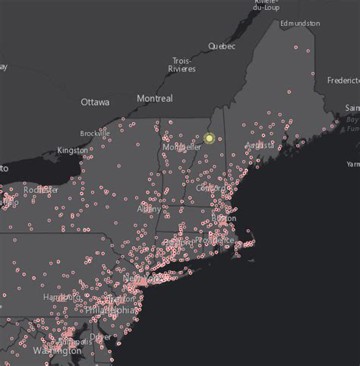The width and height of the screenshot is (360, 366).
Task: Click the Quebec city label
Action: pos(222,46)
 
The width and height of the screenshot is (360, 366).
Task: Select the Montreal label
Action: pos(155,99)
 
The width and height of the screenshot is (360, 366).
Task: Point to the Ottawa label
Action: pos(95,102)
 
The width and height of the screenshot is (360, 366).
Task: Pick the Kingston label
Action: pos(72,150)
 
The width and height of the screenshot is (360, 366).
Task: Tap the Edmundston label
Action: pos(299,24)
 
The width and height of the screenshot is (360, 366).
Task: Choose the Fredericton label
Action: pos(343,80)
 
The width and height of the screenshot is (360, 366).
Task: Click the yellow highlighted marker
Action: pos(210,139)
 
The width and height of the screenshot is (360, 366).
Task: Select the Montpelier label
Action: pos(182,147)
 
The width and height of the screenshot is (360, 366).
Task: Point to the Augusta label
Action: pos(261,145)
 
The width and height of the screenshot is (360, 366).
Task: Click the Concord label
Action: pos(210,188)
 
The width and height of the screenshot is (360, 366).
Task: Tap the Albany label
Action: pos(149,208)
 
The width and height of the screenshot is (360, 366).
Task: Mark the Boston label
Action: pos(224,218)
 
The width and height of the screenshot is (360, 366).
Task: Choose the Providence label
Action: pos(215,239)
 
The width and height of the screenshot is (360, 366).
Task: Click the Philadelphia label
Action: pos(111,310)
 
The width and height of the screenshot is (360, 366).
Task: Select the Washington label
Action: pos(57,351)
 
